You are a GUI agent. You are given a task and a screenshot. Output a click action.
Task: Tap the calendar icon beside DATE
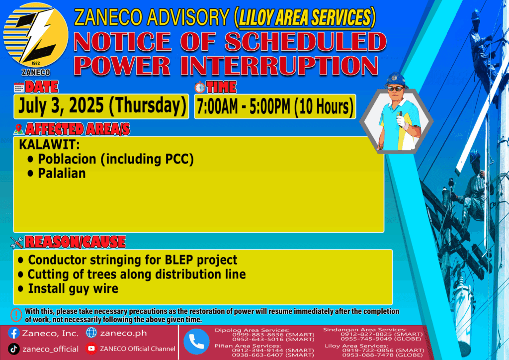(x=19, y=88)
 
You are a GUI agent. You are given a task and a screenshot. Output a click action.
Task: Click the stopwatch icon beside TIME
(x=200, y=88)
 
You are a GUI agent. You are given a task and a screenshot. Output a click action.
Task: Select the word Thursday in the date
(x=148, y=106)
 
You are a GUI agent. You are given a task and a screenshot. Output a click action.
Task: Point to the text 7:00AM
(x=217, y=106)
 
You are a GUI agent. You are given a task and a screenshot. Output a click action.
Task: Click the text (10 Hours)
(x=324, y=107)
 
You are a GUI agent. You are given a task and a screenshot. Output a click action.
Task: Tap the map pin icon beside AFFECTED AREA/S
(x=18, y=129)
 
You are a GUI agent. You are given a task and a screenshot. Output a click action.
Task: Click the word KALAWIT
(x=49, y=145)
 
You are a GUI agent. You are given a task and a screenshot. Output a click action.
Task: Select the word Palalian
(x=62, y=174)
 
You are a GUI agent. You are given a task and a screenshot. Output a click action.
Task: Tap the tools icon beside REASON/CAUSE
(x=17, y=242)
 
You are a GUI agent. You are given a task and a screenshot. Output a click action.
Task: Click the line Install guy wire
(x=73, y=289)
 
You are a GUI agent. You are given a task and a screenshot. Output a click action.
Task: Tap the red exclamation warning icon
(x=16, y=315)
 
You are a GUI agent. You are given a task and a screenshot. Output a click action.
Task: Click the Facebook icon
(x=13, y=333)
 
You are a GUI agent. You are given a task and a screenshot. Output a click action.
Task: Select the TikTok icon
(x=13, y=349)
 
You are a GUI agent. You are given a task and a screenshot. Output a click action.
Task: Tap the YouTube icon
(x=91, y=349)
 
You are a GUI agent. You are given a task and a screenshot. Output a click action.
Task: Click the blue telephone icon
(x=196, y=342)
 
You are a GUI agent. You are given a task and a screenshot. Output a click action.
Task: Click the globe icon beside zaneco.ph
(x=91, y=333)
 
